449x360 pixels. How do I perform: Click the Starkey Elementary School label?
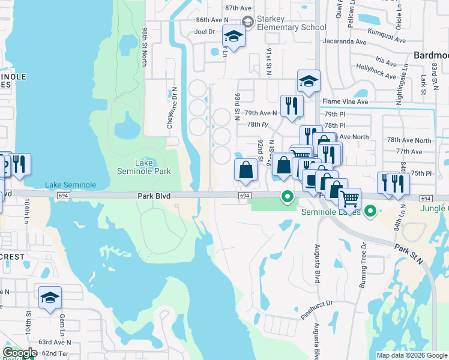tap(291, 23)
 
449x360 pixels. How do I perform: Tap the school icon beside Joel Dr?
tap(234, 37)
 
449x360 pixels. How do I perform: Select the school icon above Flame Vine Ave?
tap(309, 82)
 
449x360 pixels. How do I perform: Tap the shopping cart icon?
tap(349, 198)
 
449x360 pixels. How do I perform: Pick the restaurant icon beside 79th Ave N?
tap(292, 106)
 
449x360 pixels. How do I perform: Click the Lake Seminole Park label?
tap(143, 167)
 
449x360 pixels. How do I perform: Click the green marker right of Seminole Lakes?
tap(371, 211)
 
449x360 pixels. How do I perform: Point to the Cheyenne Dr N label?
tap(173, 109)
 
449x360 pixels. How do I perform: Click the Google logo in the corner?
tap(20, 353)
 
